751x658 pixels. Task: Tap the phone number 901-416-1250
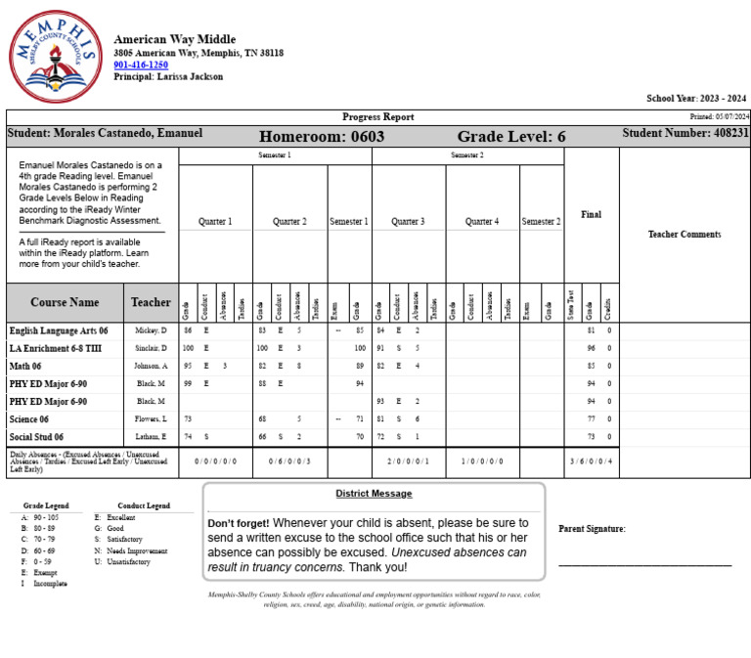pos(141,65)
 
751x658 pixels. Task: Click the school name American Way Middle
pos(174,39)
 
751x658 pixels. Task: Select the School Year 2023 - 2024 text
pos(695,98)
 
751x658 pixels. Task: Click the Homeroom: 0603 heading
pos(322,137)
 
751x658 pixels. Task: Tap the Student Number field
pos(685,133)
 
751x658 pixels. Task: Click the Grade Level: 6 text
pos(511,137)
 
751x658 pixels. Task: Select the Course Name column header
pos(65,302)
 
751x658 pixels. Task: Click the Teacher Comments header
pos(685,234)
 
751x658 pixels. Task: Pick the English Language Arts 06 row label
pos(59,330)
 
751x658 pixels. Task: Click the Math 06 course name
pos(29,366)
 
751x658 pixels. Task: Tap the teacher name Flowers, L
pos(151,418)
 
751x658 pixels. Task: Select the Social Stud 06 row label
pos(36,437)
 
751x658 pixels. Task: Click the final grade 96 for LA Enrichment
pos(591,348)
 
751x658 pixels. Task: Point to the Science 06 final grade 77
pos(591,418)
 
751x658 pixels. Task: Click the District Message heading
pos(374,494)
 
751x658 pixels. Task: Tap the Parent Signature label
pos(592,529)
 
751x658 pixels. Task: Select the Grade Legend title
pos(46,505)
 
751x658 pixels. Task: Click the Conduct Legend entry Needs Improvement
pos(137,551)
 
